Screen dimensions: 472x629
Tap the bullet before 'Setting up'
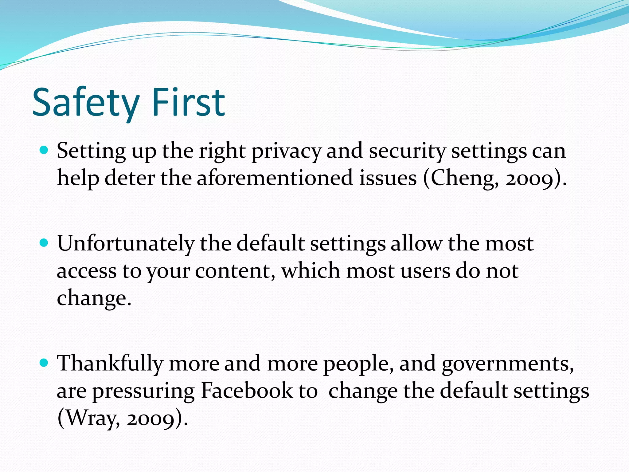pos(44,150)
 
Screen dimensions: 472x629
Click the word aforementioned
pos(275,178)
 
